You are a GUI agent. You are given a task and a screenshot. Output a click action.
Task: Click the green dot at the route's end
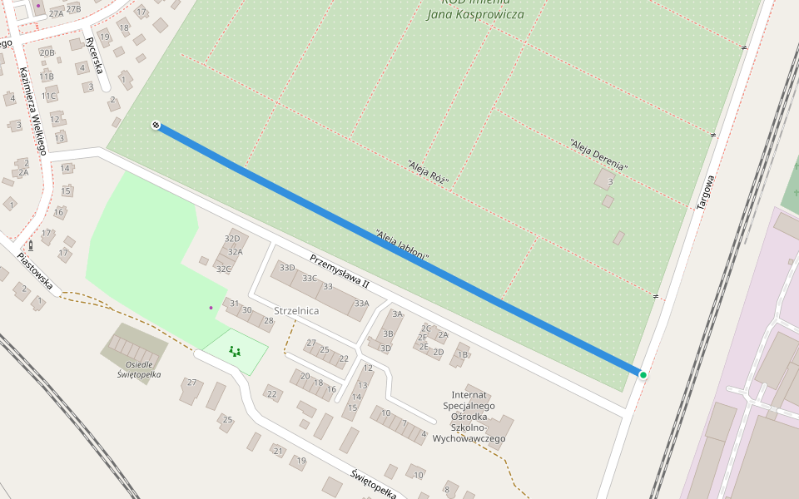point(643,375)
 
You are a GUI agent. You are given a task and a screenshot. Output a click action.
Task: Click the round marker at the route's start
point(156,125)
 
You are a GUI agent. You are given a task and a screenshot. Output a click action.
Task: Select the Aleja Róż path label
point(429,174)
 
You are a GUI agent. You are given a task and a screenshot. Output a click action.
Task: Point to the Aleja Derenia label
point(598,156)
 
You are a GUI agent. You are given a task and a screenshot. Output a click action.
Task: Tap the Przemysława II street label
point(339,272)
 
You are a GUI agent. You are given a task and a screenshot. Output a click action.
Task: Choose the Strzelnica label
point(296,310)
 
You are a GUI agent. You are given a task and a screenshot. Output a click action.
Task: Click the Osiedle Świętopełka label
point(138,369)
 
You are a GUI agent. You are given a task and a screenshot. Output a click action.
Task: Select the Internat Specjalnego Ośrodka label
point(473,416)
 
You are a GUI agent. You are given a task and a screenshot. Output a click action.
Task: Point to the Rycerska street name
point(94,55)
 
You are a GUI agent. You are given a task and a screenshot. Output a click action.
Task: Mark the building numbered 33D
point(287,268)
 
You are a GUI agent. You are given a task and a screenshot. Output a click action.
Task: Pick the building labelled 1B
point(463,355)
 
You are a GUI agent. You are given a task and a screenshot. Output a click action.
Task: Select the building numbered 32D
point(232,240)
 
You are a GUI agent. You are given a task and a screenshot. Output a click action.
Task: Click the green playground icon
point(234,352)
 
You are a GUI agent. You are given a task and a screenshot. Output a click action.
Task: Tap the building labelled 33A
point(360,304)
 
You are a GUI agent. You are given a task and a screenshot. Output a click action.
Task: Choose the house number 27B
point(73,9)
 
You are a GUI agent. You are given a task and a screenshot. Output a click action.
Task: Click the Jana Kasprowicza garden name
point(474,14)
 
